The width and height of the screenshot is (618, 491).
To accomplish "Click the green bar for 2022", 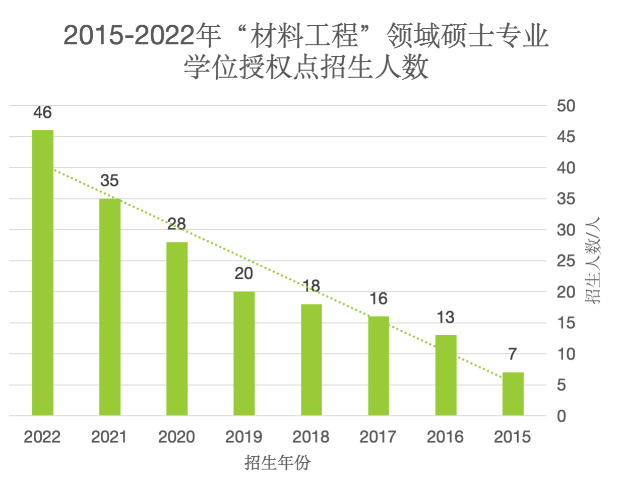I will coord(43,272).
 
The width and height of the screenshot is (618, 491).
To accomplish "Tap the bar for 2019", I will coord(244,353).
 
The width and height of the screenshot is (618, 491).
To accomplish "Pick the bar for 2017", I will coord(379,365).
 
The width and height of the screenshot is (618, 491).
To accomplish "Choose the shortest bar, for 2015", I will coord(513,394).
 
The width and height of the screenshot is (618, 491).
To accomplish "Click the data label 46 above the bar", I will coord(43,112).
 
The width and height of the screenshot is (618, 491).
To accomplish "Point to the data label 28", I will coord(177,224).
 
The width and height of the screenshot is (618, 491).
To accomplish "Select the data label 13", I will coord(446,318).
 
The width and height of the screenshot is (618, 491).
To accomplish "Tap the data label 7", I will coord(513,354).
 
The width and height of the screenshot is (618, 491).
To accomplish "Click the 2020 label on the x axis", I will coord(177,437).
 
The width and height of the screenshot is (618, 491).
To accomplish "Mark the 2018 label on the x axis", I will coord(312,437).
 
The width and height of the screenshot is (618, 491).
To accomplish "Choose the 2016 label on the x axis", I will coord(446,437).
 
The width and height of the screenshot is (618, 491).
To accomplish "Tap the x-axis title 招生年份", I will coord(277,463).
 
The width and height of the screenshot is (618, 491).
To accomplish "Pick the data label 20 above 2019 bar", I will coord(244,274).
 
